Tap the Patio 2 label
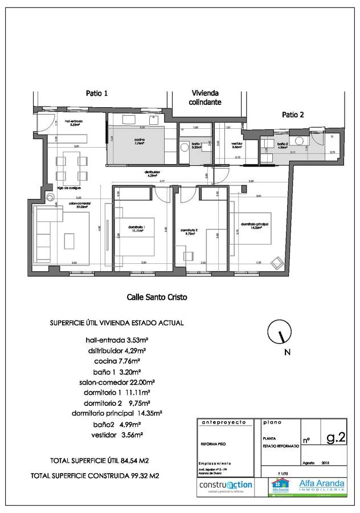[x=293, y=115]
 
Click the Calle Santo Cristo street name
[x=156, y=297]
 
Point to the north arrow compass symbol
[x=277, y=334]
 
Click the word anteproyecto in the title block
[x=223, y=423]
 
